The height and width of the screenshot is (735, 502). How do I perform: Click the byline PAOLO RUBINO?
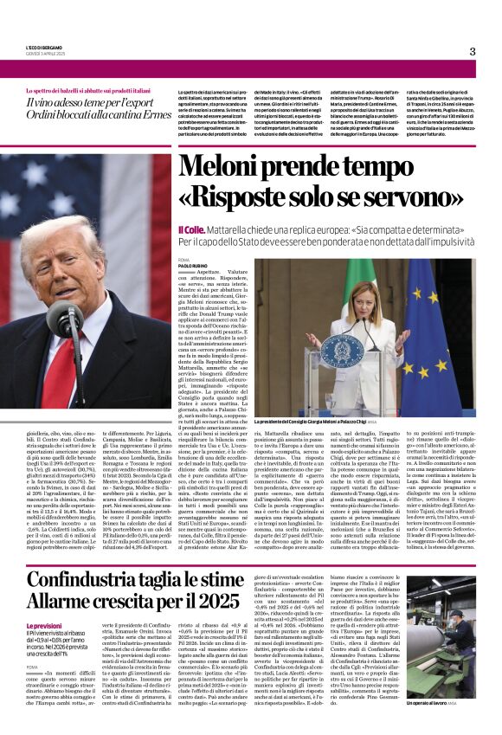192,266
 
